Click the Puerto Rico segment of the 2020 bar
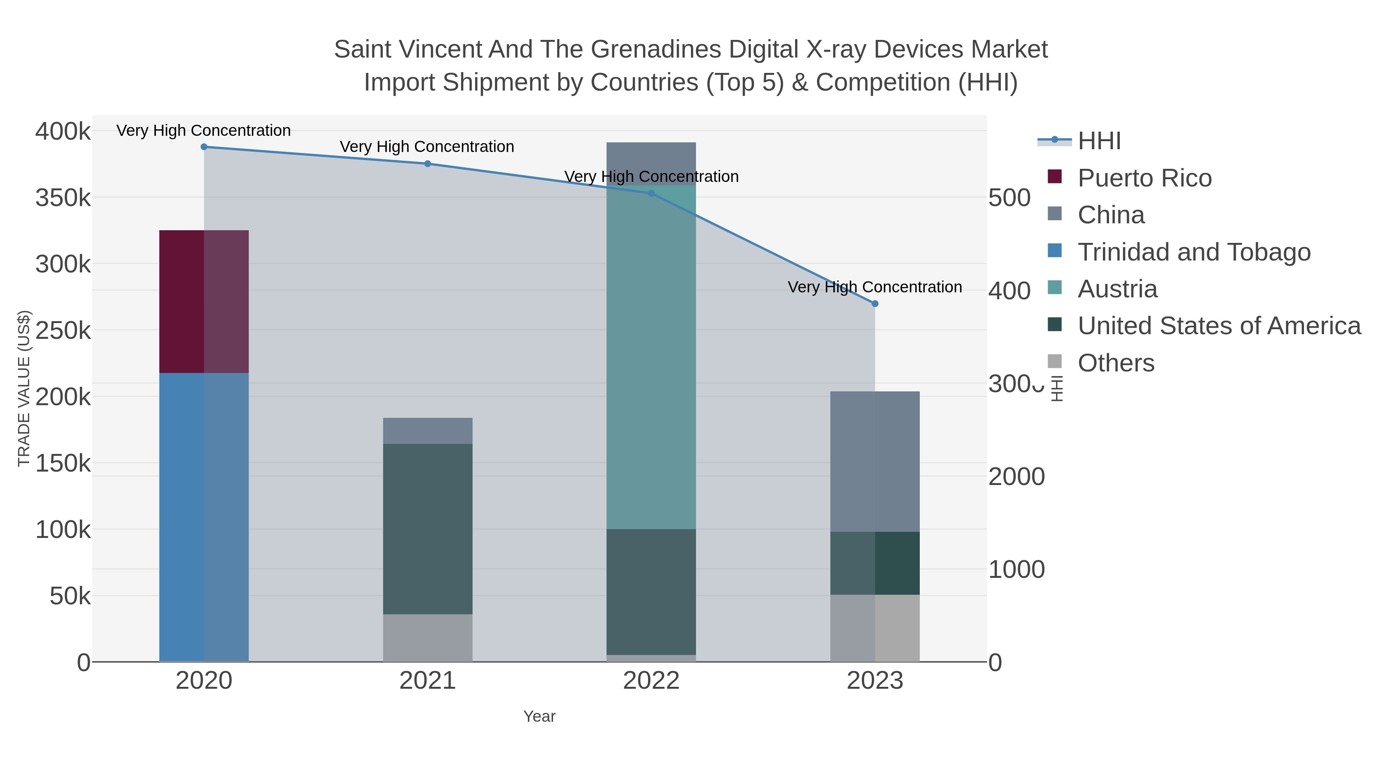[x=204, y=301]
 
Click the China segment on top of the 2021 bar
[x=428, y=431]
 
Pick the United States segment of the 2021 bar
[x=428, y=529]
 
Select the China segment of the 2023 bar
[x=874, y=461]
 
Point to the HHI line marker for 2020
[x=204, y=147]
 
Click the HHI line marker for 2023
[x=874, y=304]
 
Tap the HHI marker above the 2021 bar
[x=428, y=163]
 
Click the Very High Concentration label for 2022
[x=651, y=177]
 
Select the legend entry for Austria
[x=1118, y=289]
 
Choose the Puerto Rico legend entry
[x=1144, y=178]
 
